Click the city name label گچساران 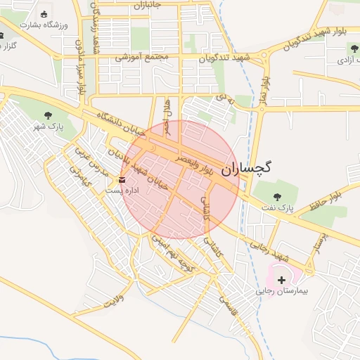click(246, 169)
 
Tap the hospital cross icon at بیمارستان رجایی click(282, 280)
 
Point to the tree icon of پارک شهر click(49, 115)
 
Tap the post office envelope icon click(122, 181)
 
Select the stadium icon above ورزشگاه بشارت click(44, 14)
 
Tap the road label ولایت click(112, 302)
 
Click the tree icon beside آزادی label click(353, 48)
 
